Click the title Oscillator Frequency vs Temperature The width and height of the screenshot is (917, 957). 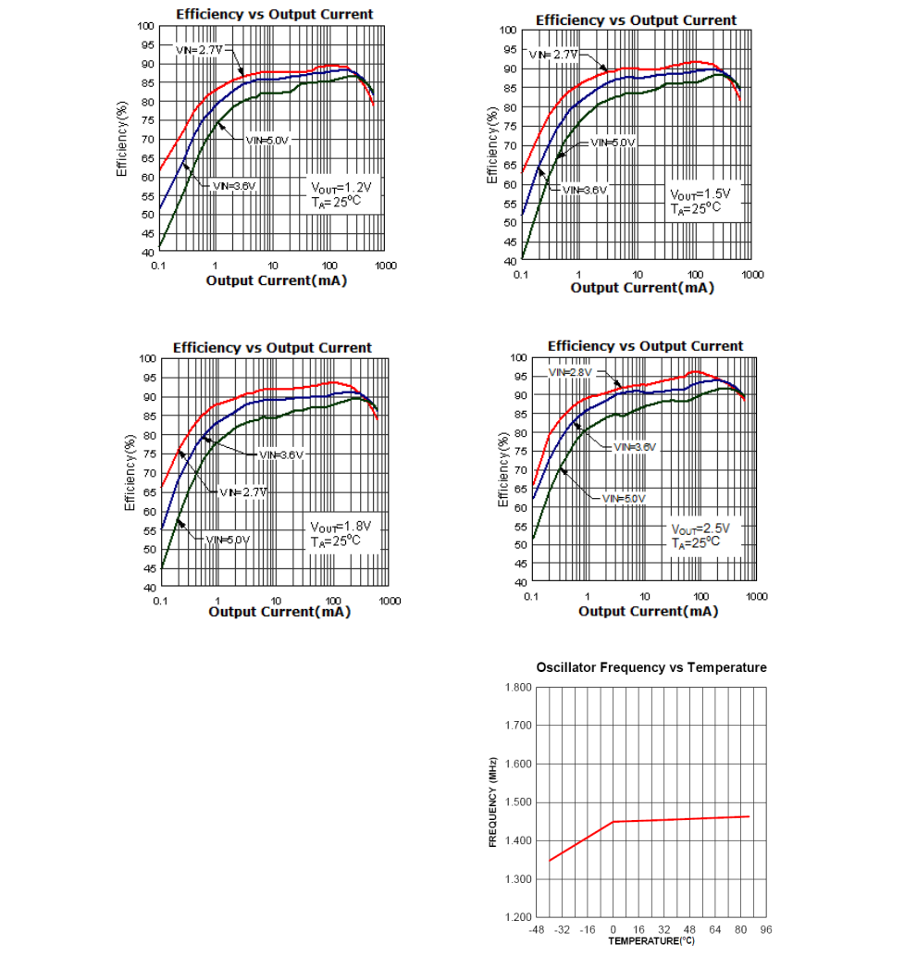(651, 667)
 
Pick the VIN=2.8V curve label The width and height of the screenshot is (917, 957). (570, 372)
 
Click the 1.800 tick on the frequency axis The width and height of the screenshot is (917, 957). (517, 687)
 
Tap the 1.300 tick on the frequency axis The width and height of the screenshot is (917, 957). (517, 878)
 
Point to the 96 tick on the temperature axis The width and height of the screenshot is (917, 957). (765, 929)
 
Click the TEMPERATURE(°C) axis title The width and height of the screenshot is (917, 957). (651, 941)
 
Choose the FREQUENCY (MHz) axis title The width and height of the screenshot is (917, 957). (493, 802)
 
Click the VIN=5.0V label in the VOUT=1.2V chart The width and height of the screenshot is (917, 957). (267, 140)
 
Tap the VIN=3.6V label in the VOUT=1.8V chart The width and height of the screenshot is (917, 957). (280, 454)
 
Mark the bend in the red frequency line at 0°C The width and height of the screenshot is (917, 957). (613, 821)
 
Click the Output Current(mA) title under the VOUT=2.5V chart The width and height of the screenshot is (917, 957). (648, 612)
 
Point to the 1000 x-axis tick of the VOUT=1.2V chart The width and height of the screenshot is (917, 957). (386, 266)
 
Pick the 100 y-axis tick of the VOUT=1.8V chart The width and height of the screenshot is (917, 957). (145, 358)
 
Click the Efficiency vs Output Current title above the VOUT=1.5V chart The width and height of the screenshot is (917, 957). (636, 20)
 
